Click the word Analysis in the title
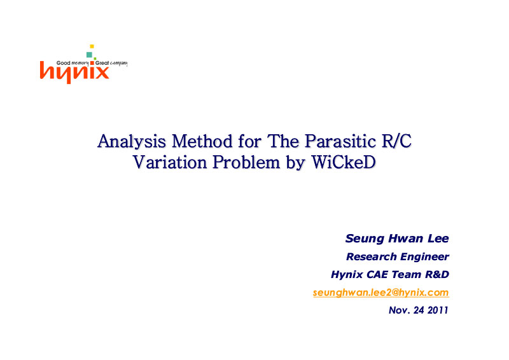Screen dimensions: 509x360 tap(132, 142)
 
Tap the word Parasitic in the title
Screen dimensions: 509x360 tap(340, 141)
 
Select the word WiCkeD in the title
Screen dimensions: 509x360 tap(344, 162)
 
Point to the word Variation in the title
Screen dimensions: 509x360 tap(169, 162)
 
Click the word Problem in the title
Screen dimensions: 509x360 tap(246, 162)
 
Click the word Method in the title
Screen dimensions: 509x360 tap(202, 141)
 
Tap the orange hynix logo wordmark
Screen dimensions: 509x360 tap(74, 73)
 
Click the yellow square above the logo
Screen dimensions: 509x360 tap(92, 46)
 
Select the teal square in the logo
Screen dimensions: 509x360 tap(89, 55)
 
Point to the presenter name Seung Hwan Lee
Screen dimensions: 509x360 tap(397, 239)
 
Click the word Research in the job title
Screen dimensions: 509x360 tap(372, 257)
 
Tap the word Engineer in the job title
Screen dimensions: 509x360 tap(424, 257)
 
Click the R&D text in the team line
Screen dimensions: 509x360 tap(437, 275)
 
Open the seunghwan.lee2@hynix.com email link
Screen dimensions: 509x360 tap(380, 293)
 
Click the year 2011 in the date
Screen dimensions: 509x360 tap(438, 310)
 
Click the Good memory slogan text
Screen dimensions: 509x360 tap(73, 63)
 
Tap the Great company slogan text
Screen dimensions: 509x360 tap(111, 63)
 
